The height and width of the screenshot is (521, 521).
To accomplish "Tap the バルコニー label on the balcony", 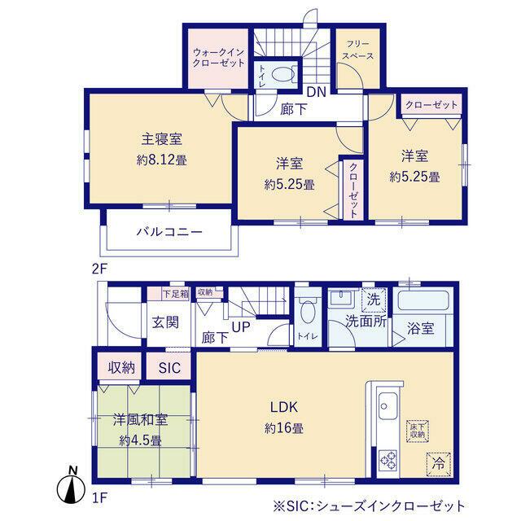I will point(169,232).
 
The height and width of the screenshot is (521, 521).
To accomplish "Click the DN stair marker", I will point(316,92).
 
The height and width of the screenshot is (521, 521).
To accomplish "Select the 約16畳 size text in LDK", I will point(287,428).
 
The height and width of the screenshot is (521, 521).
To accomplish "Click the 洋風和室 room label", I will point(140,421).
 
